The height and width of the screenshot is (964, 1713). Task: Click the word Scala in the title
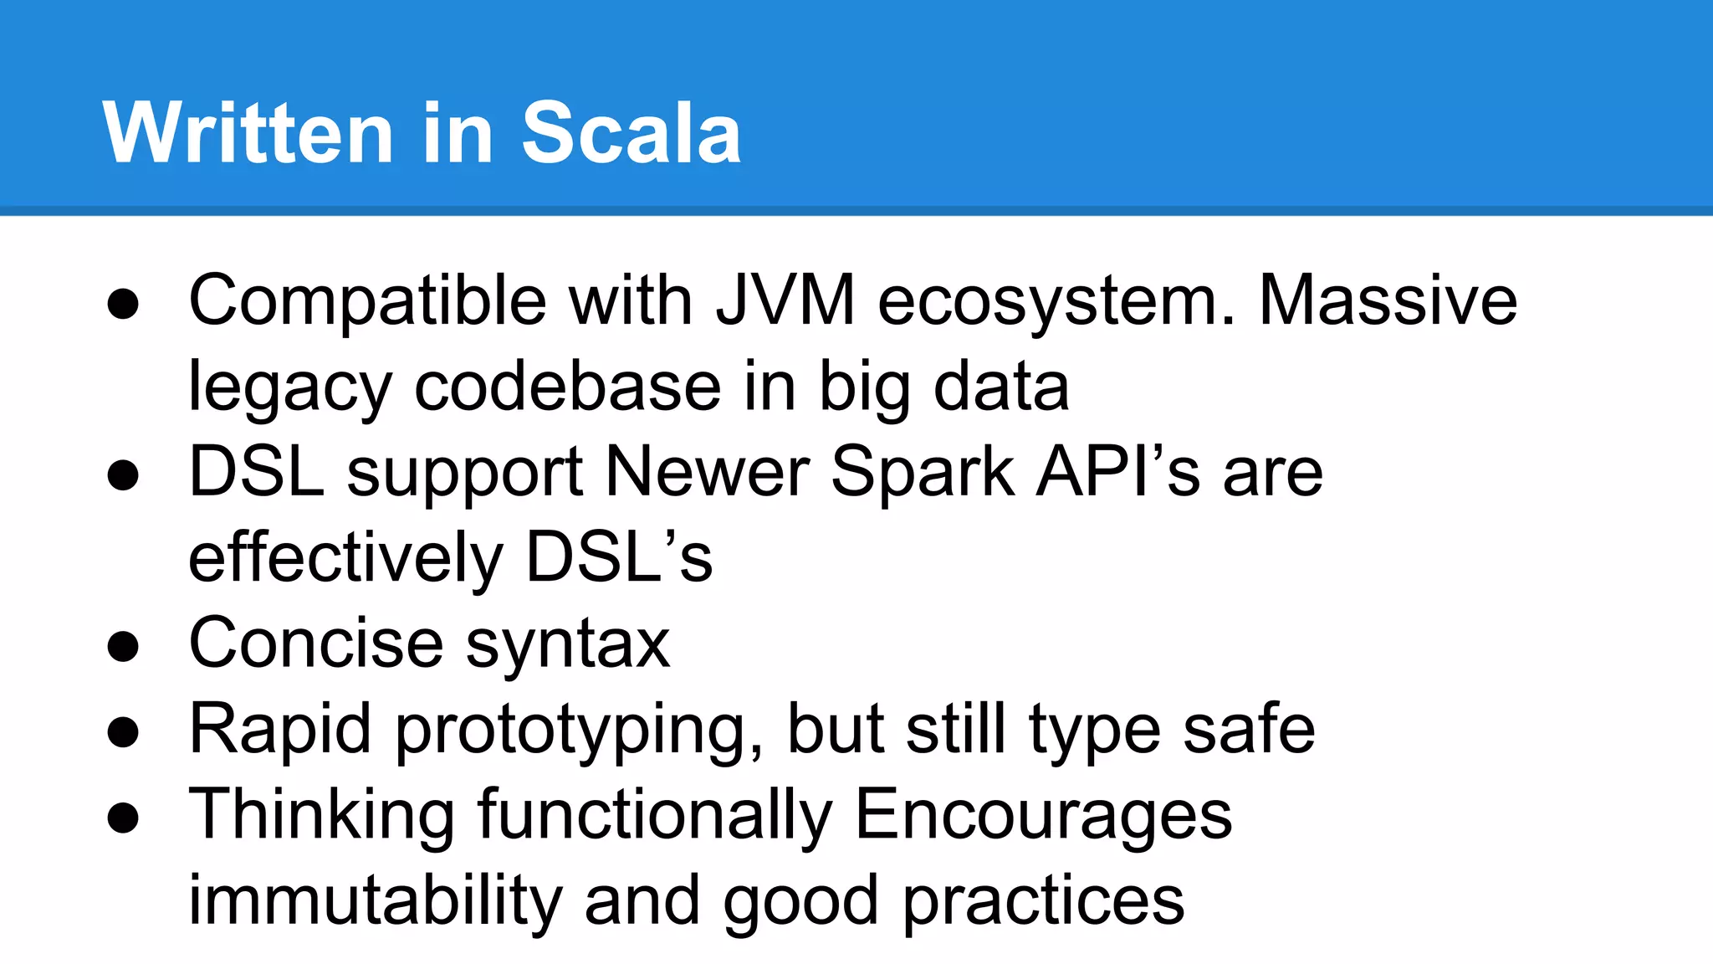[x=631, y=133]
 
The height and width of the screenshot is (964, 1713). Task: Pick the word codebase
[x=568, y=387]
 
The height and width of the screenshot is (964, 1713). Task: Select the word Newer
[x=708, y=472]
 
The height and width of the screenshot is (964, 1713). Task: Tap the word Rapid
[x=280, y=731]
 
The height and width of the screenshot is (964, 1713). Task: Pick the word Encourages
[x=1043, y=817]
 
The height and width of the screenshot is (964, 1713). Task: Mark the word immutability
[x=375, y=900]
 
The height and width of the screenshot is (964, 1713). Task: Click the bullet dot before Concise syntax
[x=123, y=647]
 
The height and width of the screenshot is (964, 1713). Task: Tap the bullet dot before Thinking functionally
[x=123, y=818]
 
